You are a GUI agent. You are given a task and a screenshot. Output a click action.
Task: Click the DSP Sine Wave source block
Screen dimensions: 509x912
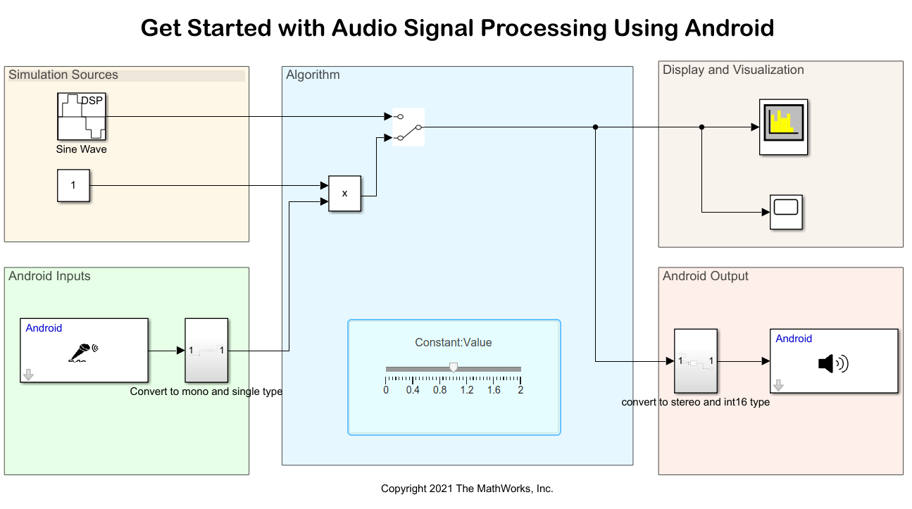click(x=81, y=116)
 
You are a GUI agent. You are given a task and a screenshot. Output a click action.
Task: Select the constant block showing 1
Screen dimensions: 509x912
click(x=73, y=185)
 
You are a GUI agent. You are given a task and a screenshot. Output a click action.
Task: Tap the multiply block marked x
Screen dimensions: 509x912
click(x=344, y=193)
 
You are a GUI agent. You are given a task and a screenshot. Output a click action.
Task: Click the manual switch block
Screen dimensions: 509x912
click(x=408, y=127)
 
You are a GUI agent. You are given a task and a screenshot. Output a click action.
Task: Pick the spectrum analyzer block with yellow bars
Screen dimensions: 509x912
click(x=783, y=127)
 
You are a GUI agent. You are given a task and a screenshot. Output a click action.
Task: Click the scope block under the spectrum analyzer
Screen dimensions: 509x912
click(x=786, y=212)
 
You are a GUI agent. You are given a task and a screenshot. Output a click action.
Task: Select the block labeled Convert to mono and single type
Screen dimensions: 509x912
click(x=206, y=350)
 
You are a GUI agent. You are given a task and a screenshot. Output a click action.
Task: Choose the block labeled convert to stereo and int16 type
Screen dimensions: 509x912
click(x=695, y=361)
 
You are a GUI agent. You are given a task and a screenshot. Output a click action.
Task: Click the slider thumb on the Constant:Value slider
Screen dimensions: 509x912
click(x=454, y=367)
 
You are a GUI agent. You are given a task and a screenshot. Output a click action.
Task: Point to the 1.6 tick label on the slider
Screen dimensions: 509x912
click(x=494, y=390)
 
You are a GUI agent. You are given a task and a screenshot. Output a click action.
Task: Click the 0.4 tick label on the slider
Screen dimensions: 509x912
click(x=413, y=390)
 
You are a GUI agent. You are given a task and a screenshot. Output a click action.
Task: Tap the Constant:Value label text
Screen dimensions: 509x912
click(x=453, y=343)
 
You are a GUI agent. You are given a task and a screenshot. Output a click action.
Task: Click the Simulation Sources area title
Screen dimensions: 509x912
click(x=63, y=75)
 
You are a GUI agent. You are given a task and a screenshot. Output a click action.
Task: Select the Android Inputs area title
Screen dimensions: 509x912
click(x=49, y=276)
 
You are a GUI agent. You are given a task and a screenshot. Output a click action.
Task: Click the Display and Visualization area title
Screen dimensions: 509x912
click(x=732, y=70)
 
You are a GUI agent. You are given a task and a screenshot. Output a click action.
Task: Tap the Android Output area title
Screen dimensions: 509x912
click(x=705, y=276)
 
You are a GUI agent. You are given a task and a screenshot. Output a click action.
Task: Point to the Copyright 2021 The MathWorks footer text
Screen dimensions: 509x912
click(x=467, y=489)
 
